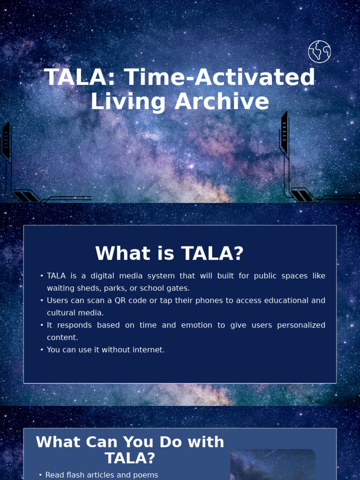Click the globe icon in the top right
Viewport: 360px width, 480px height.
[x=319, y=52]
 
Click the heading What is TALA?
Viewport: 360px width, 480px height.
[x=169, y=254]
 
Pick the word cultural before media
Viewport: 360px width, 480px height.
[x=61, y=313]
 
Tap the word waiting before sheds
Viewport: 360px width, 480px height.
[x=61, y=288]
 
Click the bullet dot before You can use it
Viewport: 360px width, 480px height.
[x=42, y=350]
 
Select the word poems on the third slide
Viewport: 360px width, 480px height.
[x=146, y=475]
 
